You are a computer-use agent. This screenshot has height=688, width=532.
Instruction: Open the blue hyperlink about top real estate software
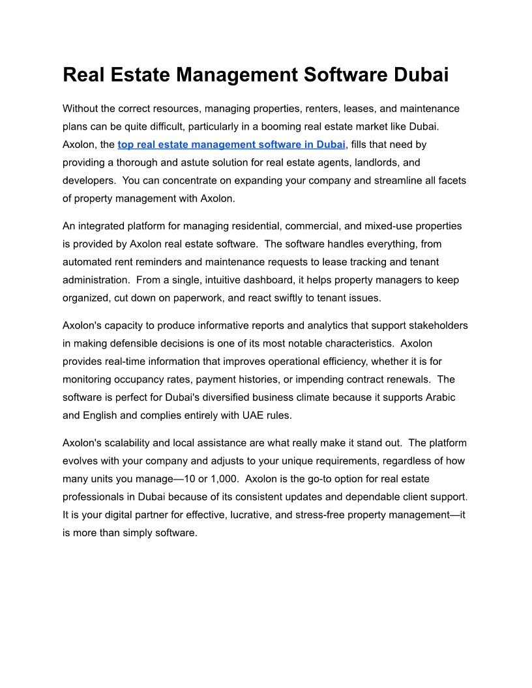click(x=231, y=144)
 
